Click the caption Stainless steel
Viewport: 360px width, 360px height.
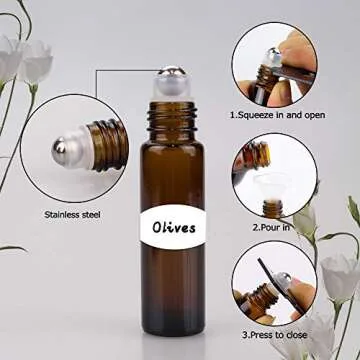72,213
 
